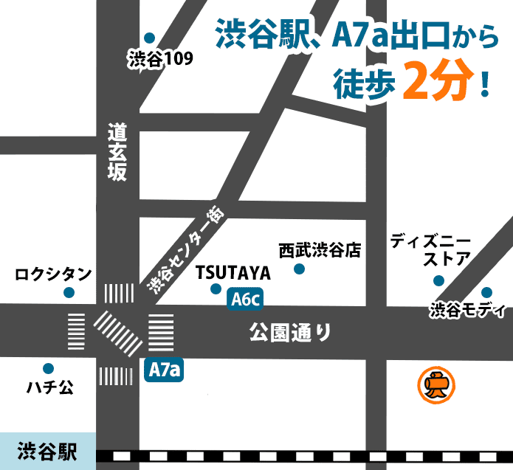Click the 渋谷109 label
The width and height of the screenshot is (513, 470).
pos(160,60)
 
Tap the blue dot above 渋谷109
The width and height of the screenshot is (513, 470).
pos(149,38)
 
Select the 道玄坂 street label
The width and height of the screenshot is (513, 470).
pos(117,152)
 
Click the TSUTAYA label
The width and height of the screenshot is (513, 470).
pos(234,273)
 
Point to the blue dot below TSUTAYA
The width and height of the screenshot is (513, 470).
pos(216,288)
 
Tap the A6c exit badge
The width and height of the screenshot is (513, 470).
pos(245,300)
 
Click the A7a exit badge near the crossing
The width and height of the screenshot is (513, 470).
pos(164,370)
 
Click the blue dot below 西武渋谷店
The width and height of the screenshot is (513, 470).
pos(299,269)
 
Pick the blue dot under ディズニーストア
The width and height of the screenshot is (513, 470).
pos(438,280)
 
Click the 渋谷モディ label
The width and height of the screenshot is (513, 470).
pos(468,311)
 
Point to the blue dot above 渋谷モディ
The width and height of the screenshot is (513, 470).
pos(486,292)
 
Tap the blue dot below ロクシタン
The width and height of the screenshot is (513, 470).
pos(69,293)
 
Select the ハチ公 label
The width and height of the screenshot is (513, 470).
pos(49,387)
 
